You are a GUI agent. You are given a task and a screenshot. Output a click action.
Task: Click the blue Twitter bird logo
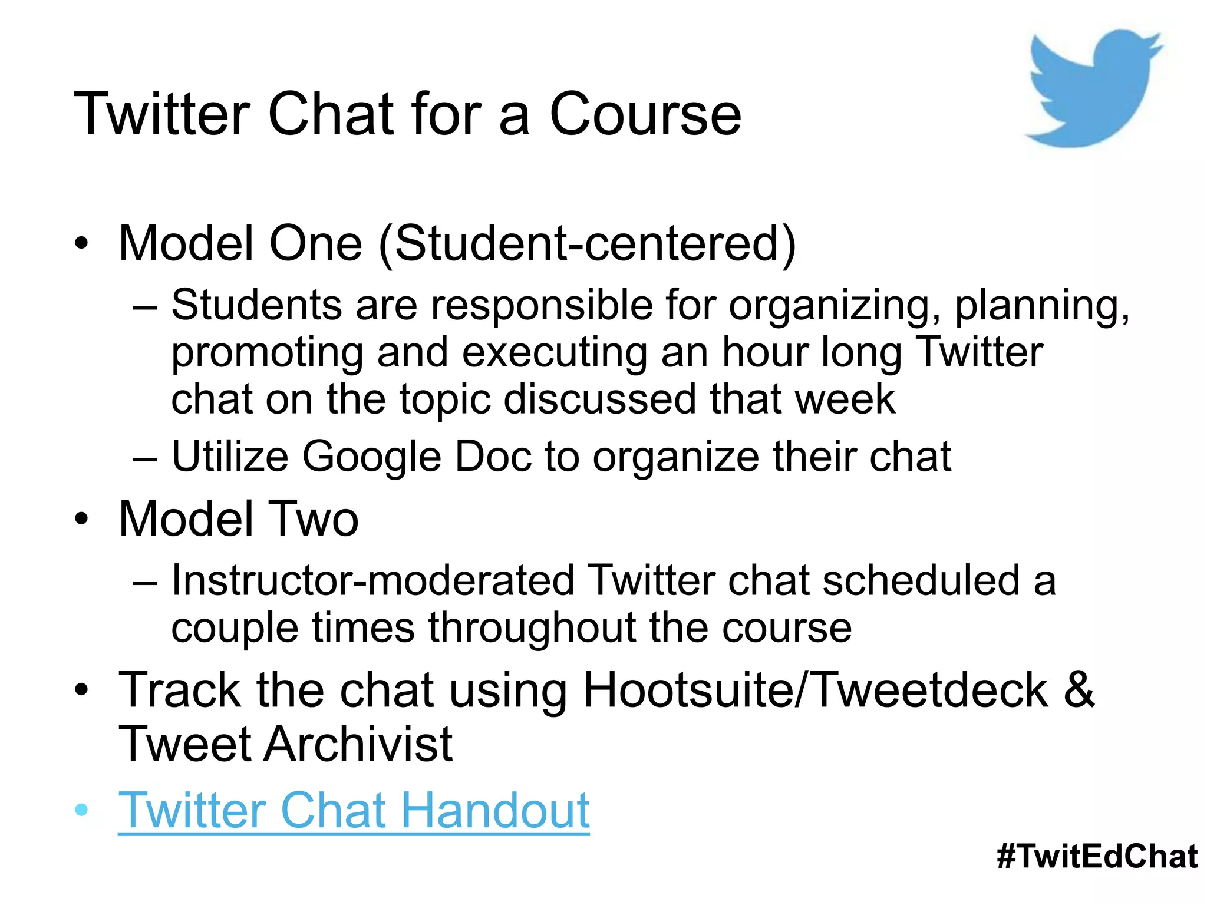click(1090, 88)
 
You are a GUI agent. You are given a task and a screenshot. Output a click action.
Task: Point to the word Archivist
click(358, 744)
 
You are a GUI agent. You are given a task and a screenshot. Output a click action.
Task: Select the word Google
click(372, 457)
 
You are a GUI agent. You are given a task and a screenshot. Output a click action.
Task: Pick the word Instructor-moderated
click(372, 580)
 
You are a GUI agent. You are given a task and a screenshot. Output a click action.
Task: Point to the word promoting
click(267, 354)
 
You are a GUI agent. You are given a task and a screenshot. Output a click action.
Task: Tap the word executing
click(555, 354)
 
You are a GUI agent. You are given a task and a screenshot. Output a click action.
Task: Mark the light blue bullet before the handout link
click(82, 810)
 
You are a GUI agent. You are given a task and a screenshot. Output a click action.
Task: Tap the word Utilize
click(230, 457)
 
